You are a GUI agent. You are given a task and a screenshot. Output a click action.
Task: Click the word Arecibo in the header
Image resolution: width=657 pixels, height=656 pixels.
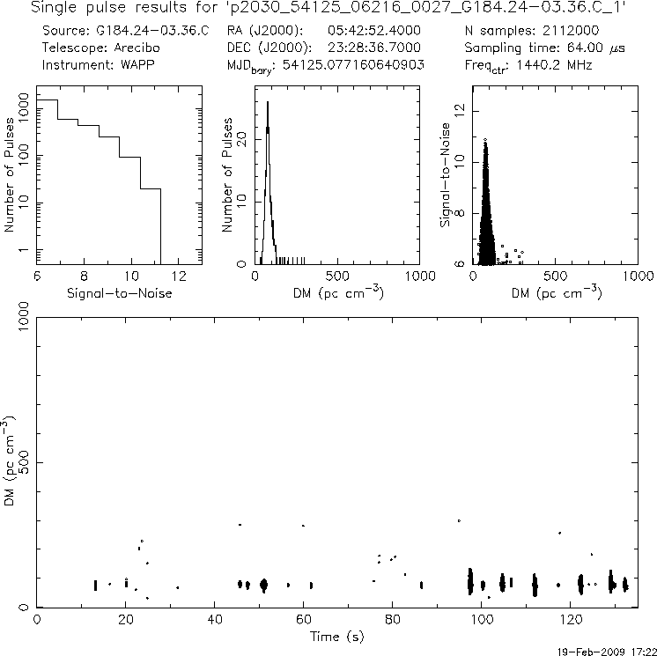click(x=128, y=48)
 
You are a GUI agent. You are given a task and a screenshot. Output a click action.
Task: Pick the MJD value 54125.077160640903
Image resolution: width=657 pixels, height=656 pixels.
click(x=351, y=64)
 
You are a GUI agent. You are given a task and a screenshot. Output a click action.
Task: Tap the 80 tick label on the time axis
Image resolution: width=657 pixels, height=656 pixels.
click(x=393, y=619)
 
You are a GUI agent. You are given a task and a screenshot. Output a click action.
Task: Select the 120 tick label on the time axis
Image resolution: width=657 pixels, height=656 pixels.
click(x=571, y=619)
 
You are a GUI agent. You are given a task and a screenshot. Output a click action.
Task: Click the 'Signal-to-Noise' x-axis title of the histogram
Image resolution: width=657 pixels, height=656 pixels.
click(x=100, y=291)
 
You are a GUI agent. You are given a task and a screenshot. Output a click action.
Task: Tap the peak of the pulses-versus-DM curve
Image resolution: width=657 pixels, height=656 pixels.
click(x=268, y=102)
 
